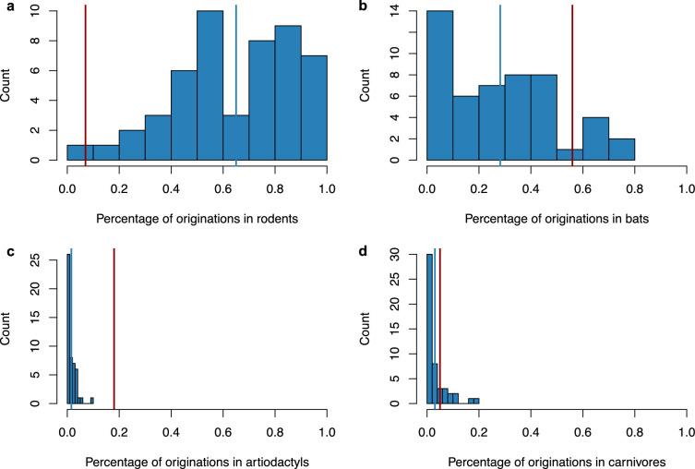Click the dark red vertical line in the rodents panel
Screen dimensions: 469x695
click(85, 83)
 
